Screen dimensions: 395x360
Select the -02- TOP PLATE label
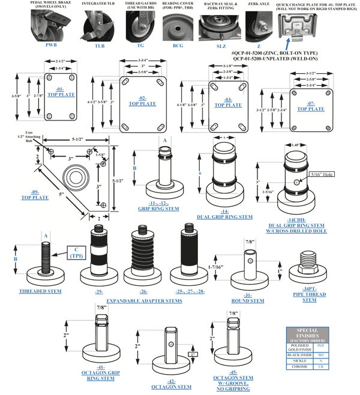point(142,101)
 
